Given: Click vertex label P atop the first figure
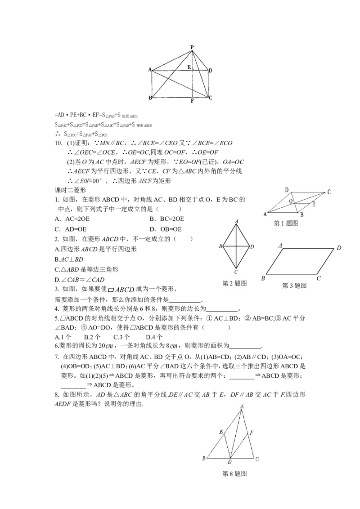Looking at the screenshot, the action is [192, 47].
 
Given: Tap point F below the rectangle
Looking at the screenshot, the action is [192, 101].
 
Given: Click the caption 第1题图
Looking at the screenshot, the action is [286, 223].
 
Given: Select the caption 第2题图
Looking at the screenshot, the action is [234, 283].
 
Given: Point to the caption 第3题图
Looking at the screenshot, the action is [294, 286].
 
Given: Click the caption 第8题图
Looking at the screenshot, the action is [234, 474].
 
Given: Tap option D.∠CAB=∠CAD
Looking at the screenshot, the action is [80, 280].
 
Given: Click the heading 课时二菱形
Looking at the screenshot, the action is [71, 190].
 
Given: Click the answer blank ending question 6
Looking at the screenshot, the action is [245, 347].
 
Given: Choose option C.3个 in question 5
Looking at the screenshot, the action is [121, 337].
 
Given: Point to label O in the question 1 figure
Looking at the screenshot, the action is [291, 201].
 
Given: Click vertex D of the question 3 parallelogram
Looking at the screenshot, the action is [339, 248].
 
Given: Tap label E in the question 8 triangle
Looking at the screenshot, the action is [221, 432].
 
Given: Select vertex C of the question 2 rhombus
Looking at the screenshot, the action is [236, 272].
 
